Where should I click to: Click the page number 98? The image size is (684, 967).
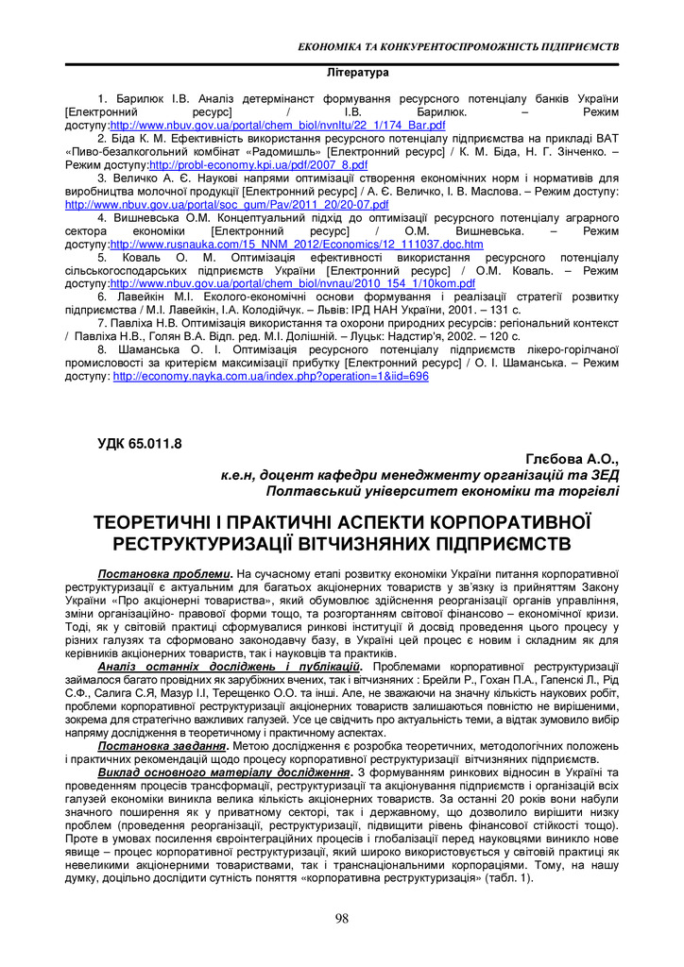[x=342, y=919]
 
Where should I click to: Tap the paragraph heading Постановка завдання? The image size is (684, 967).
[x=162, y=746]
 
